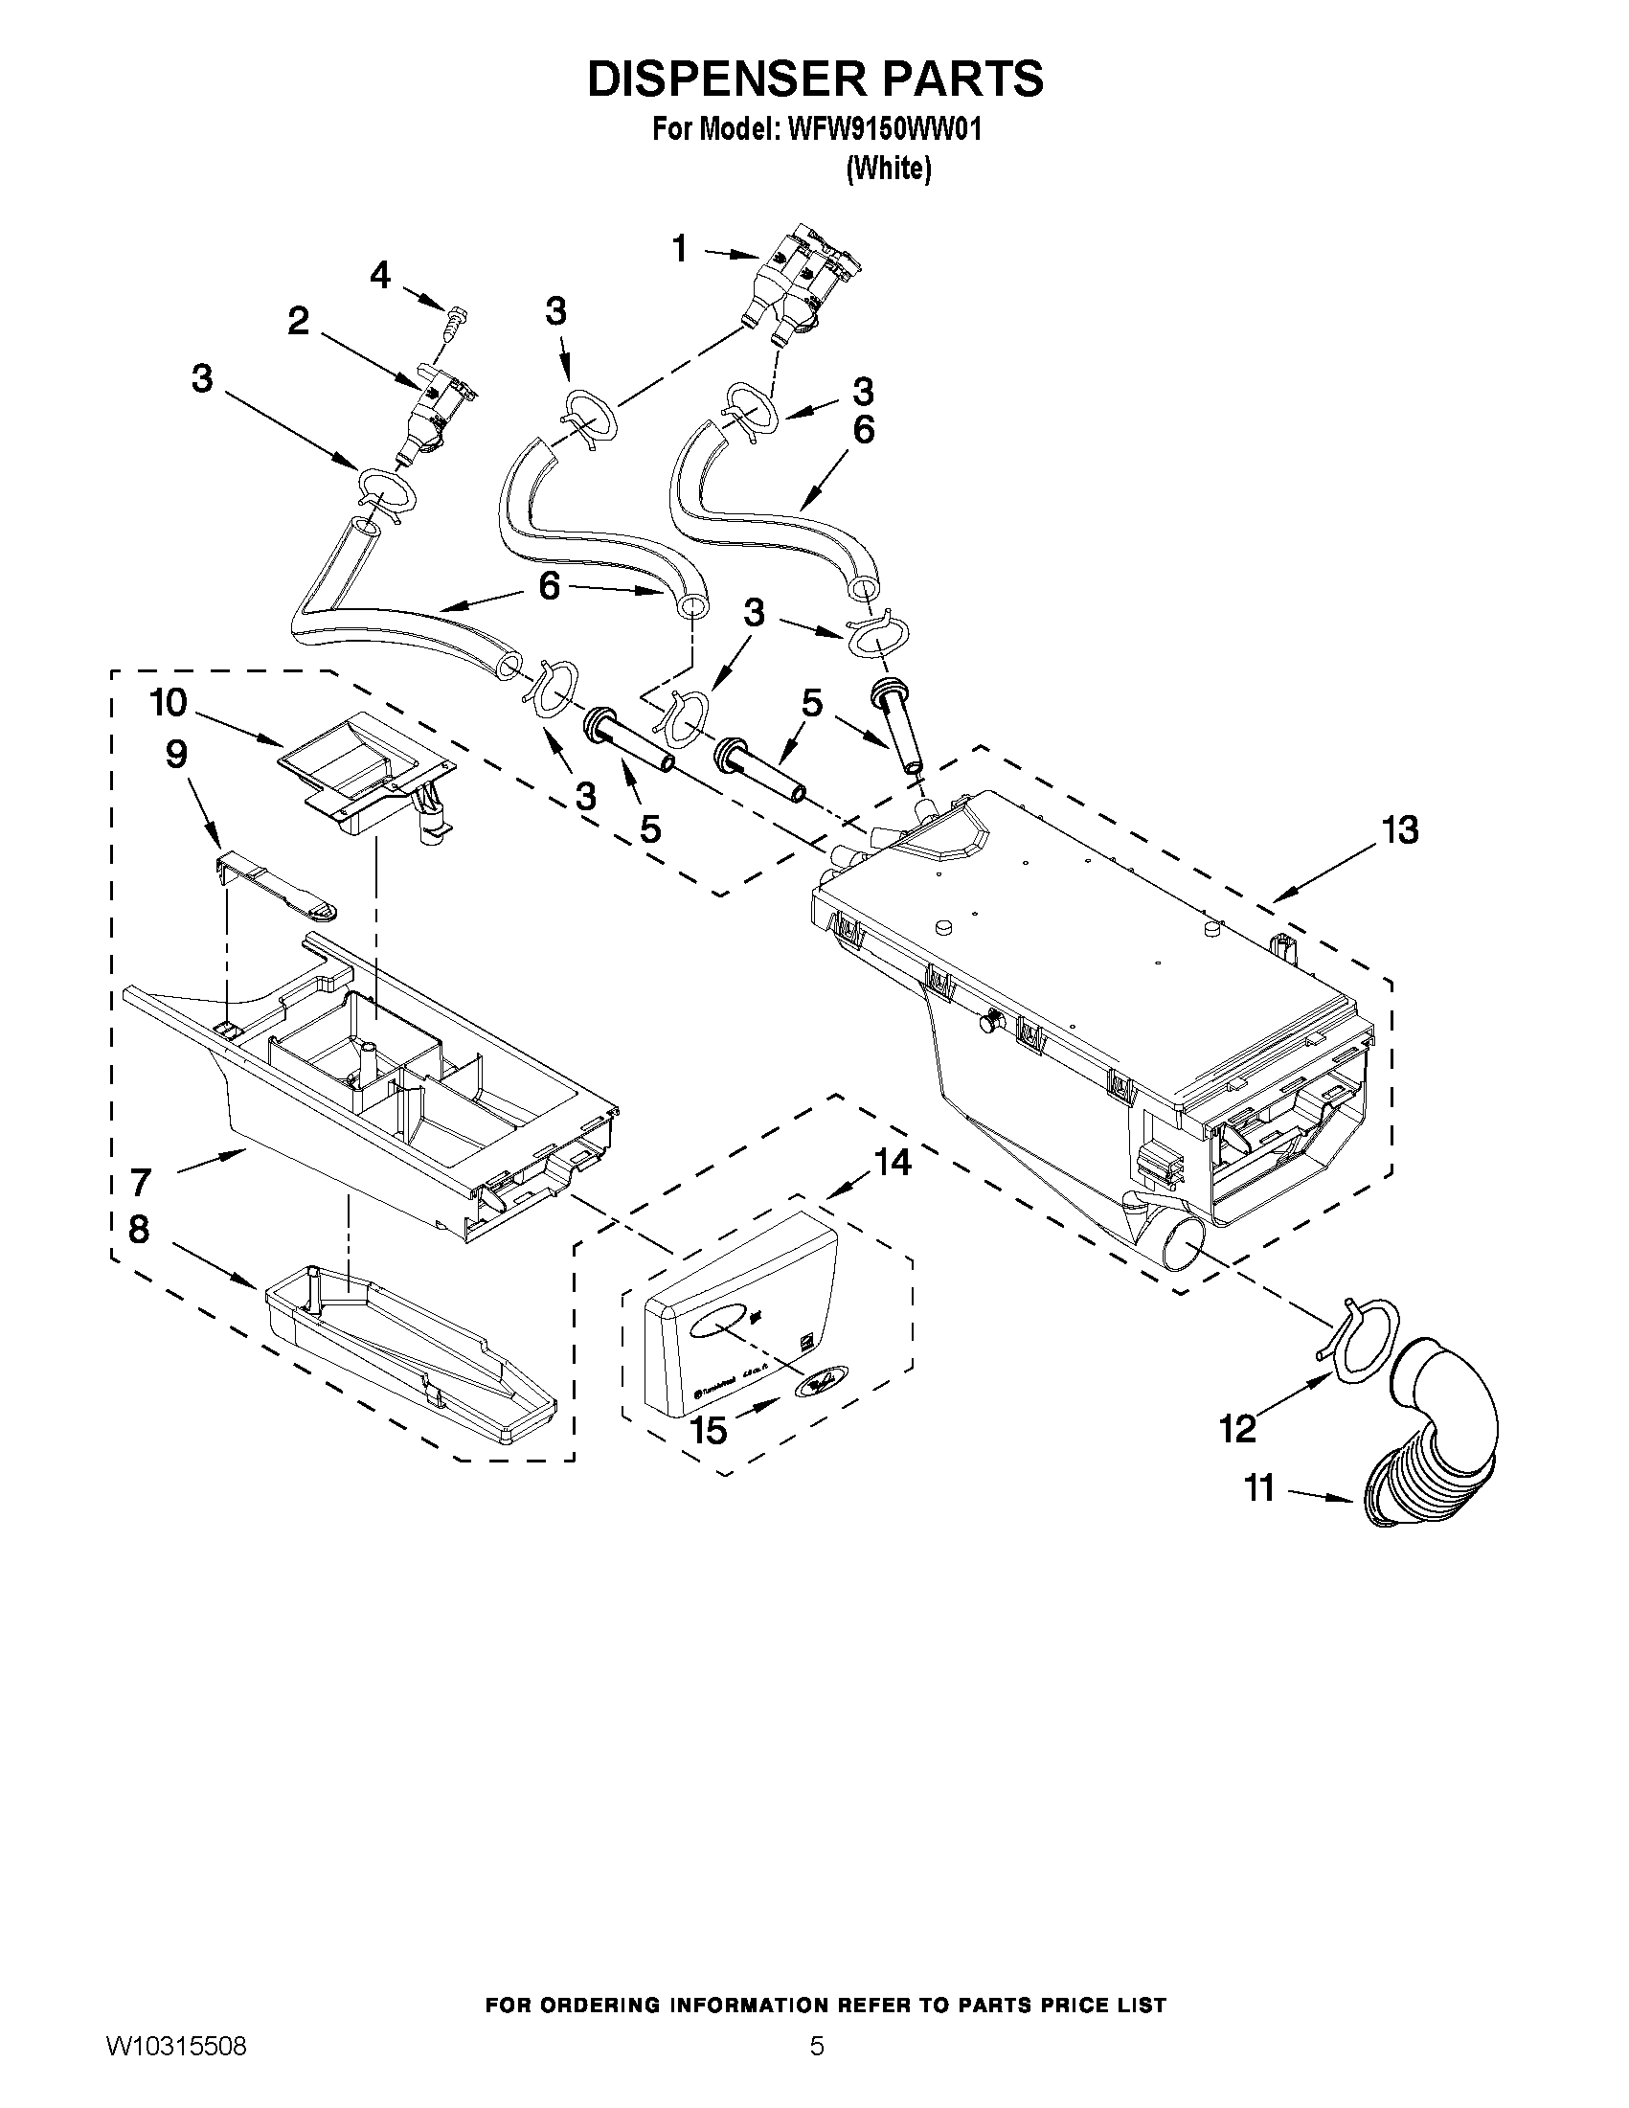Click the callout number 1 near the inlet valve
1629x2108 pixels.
pos(679,249)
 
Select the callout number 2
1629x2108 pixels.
pos(299,321)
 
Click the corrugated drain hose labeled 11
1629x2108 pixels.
pos(1437,1448)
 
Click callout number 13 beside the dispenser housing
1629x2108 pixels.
pos(1400,829)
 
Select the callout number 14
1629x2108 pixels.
pos(893,1163)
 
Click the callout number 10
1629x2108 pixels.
pos(169,703)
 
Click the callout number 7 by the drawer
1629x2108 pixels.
pos(141,1180)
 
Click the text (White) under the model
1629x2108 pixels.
pos(888,169)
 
